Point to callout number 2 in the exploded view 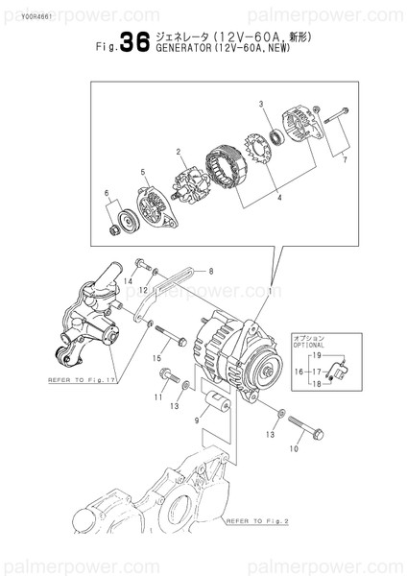(x=179, y=152)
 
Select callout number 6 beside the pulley (x=108, y=194)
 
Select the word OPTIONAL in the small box (x=327, y=345)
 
